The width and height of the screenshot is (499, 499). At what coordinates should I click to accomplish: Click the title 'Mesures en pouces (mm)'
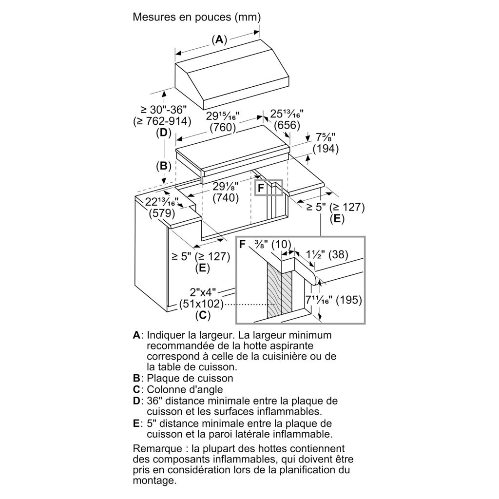pyautogui.click(x=197, y=17)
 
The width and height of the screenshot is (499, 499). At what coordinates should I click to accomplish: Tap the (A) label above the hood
pyautogui.click(x=220, y=39)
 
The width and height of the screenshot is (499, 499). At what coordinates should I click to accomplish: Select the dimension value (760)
pyautogui.click(x=223, y=128)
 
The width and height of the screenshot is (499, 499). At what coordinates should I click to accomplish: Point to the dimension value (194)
pyautogui.click(x=326, y=149)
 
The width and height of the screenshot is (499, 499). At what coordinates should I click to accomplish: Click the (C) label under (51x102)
pyautogui.click(x=202, y=315)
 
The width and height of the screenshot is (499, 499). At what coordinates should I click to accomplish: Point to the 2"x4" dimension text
pyautogui.click(x=203, y=293)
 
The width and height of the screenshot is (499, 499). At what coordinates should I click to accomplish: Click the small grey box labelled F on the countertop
pyautogui.click(x=269, y=188)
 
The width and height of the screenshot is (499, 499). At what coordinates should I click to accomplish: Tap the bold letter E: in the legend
pyautogui.click(x=137, y=423)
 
